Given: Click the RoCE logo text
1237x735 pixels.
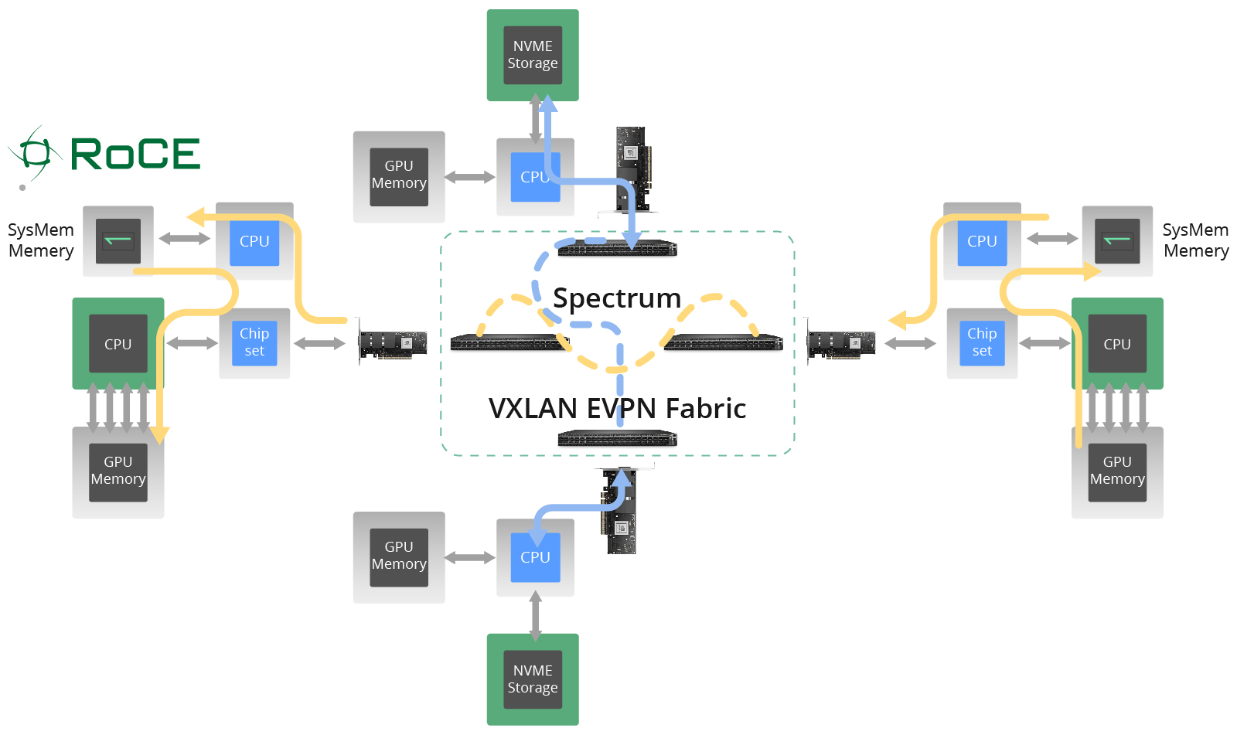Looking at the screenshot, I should tap(135, 154).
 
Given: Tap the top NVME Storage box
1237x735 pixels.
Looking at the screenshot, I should tap(533, 55).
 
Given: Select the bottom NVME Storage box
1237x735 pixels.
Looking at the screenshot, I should tap(533, 679).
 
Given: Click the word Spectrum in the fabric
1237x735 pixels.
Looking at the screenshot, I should tap(617, 298).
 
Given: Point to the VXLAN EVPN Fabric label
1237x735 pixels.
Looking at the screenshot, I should tap(617, 408).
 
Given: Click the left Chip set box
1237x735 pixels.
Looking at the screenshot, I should tap(254, 342).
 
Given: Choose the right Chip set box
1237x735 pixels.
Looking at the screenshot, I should tap(982, 342).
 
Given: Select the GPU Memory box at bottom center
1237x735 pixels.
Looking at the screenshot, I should tap(399, 556).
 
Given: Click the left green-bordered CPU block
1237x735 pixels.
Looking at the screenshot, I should tap(118, 344).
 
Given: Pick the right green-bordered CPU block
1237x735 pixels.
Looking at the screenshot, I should tap(1117, 344).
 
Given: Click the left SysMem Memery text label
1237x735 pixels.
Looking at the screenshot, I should tap(41, 240).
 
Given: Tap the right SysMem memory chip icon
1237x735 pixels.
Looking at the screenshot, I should tap(1117, 241).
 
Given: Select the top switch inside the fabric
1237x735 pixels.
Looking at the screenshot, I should tap(617, 248).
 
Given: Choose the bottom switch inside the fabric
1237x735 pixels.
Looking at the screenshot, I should tap(617, 439).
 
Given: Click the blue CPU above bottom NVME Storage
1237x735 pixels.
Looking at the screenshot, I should tap(535, 556).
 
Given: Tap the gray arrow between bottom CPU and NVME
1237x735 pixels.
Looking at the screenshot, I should tap(535, 615).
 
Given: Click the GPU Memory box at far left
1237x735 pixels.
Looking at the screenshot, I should tap(118, 471).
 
